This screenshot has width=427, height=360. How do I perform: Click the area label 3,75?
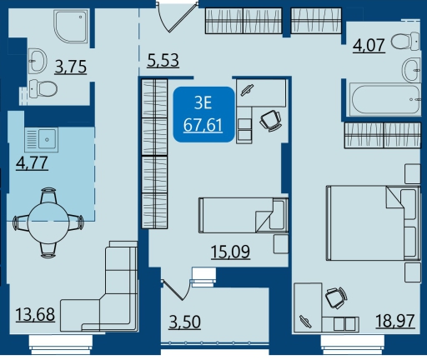click(71, 67)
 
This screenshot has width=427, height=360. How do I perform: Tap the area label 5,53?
click(163, 60)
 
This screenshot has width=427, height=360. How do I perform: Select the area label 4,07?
click(369, 45)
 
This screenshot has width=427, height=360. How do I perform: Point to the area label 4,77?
click(32, 162)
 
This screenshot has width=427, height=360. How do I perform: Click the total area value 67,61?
click(203, 125)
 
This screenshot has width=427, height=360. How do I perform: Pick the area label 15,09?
click(230, 252)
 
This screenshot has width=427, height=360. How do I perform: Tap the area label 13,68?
click(35, 315)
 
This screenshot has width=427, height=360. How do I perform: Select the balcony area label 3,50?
click(185, 322)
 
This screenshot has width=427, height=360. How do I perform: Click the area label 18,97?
click(395, 321)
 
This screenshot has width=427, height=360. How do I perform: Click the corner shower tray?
click(71, 27)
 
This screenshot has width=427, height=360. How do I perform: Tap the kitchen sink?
click(42, 140)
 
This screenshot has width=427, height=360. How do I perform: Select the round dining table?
click(48, 222)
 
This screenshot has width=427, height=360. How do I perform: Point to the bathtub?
click(386, 99)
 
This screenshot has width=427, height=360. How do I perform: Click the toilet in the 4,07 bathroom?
click(405, 42)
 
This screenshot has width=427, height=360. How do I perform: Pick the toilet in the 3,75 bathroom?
click(43, 88)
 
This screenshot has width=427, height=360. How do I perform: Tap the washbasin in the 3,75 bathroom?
click(38, 61)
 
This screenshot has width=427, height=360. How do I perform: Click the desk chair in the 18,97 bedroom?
click(336, 297)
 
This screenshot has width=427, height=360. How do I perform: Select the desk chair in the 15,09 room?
click(270, 121)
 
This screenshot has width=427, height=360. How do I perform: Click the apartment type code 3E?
click(203, 102)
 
